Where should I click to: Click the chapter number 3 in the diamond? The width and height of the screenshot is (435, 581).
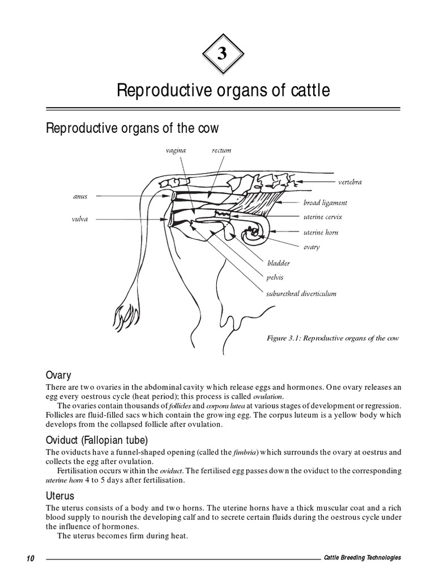click(x=222, y=54)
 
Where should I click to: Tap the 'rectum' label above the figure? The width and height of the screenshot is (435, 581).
click(x=221, y=150)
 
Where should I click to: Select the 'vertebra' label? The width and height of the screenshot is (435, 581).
click(x=349, y=182)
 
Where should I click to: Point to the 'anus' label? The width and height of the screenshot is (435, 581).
click(x=80, y=197)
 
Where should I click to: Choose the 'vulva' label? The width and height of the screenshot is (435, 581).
click(x=80, y=218)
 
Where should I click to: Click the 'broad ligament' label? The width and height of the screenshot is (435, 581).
click(x=325, y=203)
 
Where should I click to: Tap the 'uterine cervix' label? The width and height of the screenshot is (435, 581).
click(x=323, y=217)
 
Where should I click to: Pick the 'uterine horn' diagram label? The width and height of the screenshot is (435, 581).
click(x=321, y=232)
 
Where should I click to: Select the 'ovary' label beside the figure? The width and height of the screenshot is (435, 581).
click(x=312, y=247)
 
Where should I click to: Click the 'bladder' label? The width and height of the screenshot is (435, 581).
click(x=279, y=263)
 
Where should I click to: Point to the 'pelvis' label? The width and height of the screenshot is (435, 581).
click(x=275, y=278)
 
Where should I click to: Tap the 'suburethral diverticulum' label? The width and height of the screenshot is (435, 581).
click(x=301, y=293)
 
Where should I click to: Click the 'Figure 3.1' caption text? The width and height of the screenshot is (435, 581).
click(x=332, y=338)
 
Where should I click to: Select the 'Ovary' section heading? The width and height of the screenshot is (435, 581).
click(x=58, y=375)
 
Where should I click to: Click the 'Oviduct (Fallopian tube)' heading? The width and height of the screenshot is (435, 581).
click(x=97, y=440)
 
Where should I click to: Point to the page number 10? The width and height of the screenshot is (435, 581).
click(x=31, y=558)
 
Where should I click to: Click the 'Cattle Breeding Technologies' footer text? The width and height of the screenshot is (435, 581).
click(x=362, y=558)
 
